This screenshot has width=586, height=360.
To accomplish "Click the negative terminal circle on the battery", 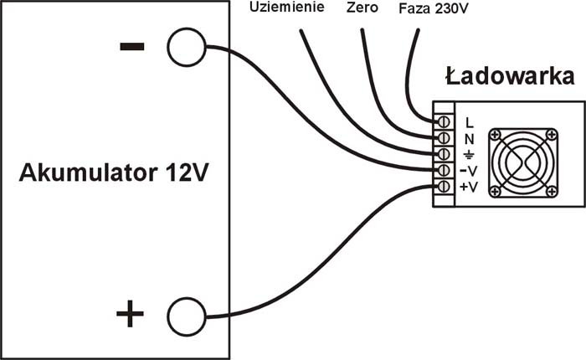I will click(186, 48).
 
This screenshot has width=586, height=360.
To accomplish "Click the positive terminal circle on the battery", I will click(186, 316).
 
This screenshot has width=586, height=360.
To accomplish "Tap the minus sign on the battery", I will click(131, 47).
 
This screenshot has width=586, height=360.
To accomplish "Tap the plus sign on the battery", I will click(130, 316).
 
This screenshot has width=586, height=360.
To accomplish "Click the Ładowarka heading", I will click(509, 78).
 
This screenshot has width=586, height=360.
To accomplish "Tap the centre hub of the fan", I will click(522, 162).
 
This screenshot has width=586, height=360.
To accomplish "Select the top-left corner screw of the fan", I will click(496, 135).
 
